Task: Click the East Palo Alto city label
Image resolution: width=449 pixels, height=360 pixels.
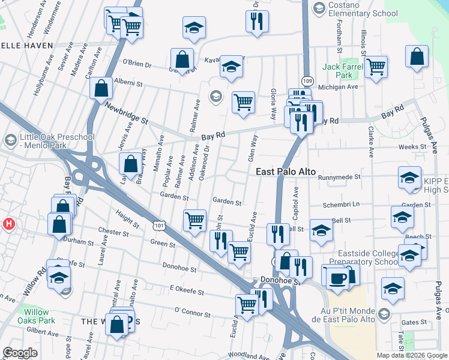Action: (x=286, y=172)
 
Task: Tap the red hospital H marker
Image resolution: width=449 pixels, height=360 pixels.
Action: (x=8, y=224)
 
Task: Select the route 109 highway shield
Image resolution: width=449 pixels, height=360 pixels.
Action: (x=307, y=80)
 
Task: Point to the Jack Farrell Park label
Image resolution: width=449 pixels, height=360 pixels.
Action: (x=337, y=71)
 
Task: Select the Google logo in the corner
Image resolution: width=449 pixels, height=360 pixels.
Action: (x=20, y=353)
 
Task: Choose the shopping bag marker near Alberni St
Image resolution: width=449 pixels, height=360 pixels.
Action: (x=101, y=89)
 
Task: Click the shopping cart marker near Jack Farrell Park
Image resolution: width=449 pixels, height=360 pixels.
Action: (x=376, y=67)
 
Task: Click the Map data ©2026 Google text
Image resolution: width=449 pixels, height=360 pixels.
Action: (x=411, y=355)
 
